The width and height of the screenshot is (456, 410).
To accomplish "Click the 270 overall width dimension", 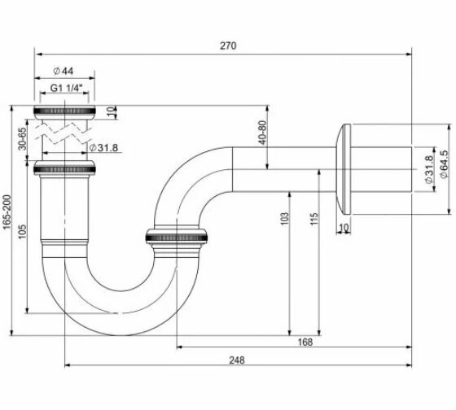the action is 228,46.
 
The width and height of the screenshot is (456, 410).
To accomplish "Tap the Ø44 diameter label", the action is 64,71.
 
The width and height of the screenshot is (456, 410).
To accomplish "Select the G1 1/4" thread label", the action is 67,88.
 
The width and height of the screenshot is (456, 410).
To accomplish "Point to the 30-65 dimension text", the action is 22,138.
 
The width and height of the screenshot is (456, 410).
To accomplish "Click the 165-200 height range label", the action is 7,212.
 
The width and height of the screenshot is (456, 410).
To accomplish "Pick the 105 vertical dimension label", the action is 22,231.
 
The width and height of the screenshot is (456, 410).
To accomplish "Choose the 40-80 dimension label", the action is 262,133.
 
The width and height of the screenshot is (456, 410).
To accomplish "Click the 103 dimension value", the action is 285,219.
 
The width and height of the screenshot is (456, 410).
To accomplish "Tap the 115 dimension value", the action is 314,219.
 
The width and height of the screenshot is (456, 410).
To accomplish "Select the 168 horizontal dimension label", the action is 305,342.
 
